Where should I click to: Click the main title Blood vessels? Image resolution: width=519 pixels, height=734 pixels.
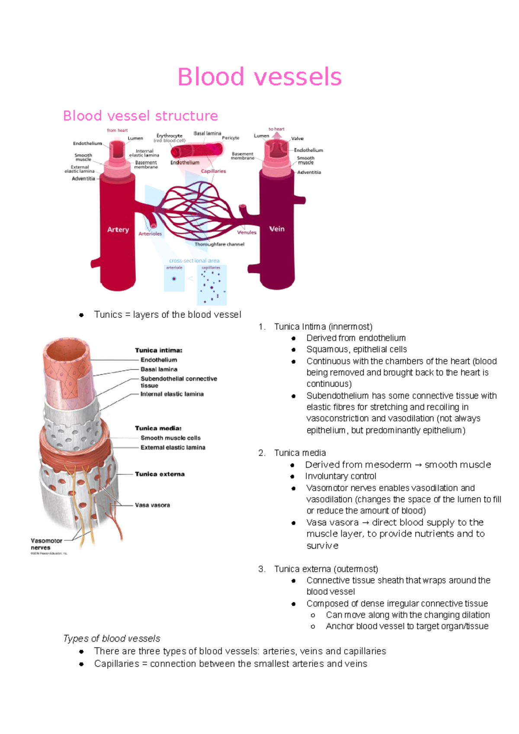(259, 77)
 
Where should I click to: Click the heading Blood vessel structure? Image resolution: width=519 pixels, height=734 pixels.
(140, 116)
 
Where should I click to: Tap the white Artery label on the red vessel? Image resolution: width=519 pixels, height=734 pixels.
(118, 230)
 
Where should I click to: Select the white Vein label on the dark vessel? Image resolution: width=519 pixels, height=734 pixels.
(277, 229)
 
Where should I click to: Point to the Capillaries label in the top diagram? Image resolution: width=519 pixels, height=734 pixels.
(213, 171)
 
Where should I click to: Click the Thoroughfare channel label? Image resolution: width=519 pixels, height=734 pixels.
(219, 244)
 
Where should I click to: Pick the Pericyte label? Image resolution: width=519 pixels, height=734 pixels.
(231, 138)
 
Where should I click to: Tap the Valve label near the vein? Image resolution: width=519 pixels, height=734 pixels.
(297, 139)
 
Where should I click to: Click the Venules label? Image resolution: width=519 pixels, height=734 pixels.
(247, 232)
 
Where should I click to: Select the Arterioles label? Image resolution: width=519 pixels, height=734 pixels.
(150, 233)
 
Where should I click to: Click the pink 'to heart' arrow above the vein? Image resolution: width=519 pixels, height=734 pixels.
(277, 135)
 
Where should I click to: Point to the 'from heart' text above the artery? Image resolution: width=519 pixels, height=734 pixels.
(117, 130)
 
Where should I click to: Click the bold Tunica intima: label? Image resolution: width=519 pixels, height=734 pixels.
(158, 350)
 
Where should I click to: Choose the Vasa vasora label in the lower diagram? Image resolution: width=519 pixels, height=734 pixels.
(152, 505)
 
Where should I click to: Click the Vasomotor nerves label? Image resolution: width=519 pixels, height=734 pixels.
(46, 544)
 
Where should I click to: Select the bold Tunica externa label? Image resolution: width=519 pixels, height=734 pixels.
(160, 474)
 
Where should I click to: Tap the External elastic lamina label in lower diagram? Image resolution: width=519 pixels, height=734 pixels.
(173, 447)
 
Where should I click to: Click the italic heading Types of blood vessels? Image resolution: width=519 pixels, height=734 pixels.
(112, 638)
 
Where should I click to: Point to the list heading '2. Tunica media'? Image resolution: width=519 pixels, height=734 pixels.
(300, 453)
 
